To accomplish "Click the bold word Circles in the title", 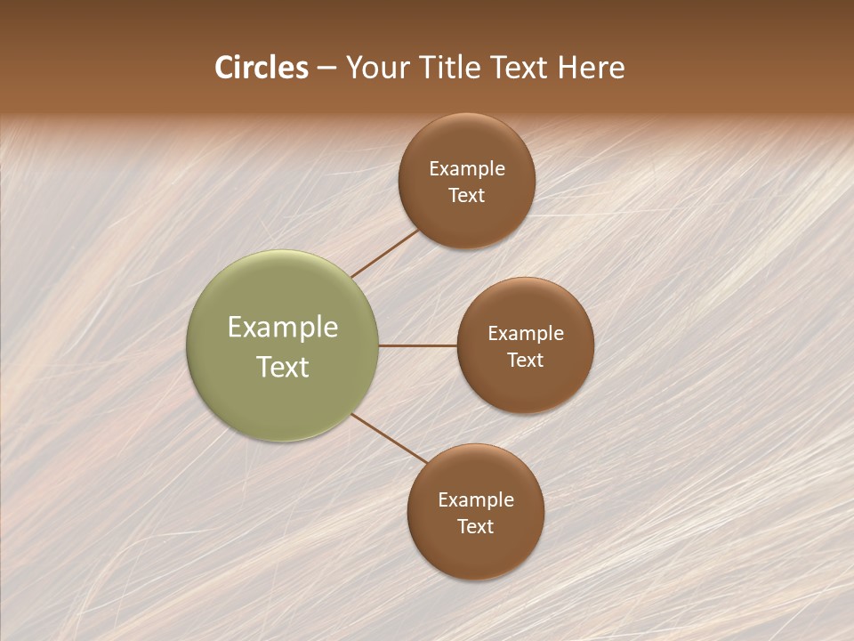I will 261,68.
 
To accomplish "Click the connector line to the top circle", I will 384,253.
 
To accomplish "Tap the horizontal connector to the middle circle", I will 418,345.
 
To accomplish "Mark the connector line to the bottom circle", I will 390,437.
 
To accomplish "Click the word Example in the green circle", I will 282,327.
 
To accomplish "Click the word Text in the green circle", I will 282,367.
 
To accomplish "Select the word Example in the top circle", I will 466,168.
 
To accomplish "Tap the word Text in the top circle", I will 466,195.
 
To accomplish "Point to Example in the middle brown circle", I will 525,333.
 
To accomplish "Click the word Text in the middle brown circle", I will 525,360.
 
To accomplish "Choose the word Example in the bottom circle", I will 475,499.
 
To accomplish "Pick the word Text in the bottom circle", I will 475,526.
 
